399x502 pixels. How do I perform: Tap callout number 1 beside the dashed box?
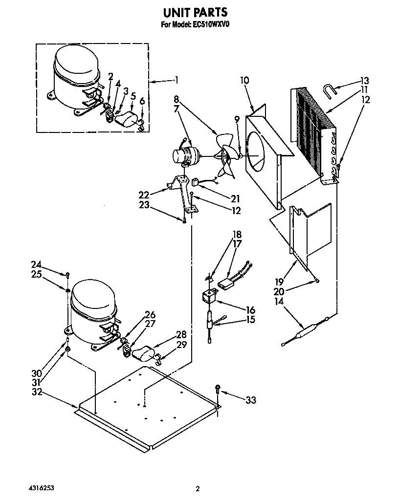tap(176, 80)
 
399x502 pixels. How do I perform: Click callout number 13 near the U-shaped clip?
tap(364, 81)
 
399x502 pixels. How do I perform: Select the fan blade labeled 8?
tap(226, 155)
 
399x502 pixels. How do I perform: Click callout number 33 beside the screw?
tap(250, 400)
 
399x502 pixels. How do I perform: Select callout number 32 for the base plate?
tap(37, 392)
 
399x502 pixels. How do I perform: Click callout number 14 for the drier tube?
tap(280, 302)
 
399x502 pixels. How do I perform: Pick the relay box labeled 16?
tap(211, 297)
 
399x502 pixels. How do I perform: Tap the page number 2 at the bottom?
tap(198, 488)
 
